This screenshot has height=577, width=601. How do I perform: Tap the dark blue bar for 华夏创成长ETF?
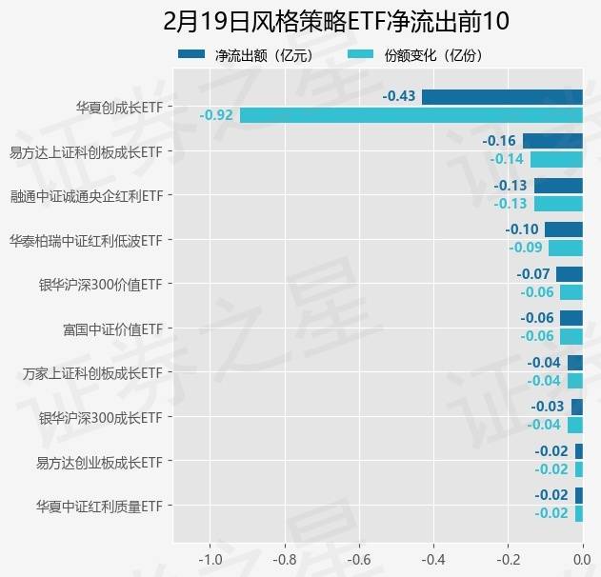pyautogui.click(x=502, y=97)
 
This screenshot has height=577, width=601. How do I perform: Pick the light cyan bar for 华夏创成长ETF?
pyautogui.click(x=411, y=115)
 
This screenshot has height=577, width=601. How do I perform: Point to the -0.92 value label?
pyautogui.click(x=216, y=115)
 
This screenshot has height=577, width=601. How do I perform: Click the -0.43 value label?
pyautogui.click(x=399, y=97)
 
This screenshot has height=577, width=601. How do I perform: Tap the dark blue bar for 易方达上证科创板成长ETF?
pyautogui.click(x=552, y=141)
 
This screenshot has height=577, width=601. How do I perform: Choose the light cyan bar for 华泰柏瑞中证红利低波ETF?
pyautogui.click(x=565, y=248)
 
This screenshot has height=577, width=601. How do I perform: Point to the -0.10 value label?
pyautogui.click(x=522, y=229)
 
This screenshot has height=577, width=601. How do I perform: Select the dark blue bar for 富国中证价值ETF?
pyautogui.click(x=571, y=318)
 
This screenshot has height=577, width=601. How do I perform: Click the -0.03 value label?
pyautogui.click(x=549, y=407)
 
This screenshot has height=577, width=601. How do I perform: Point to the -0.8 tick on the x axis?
pyautogui.click(x=283, y=559)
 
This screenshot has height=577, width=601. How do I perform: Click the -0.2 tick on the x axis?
pyautogui.click(x=507, y=559)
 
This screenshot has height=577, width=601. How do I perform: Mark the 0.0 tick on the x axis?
pyautogui.click(x=581, y=559)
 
